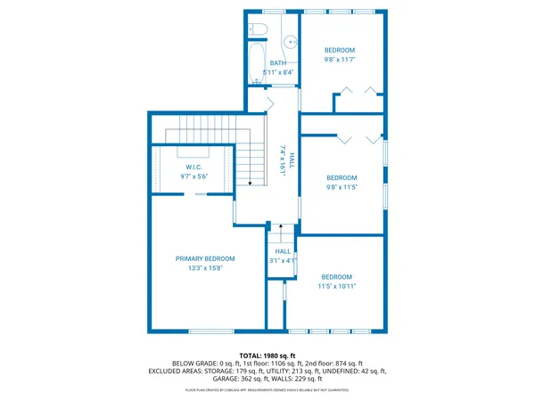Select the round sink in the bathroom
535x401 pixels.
pyautogui.click(x=289, y=43)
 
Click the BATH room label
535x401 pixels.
pyautogui.click(x=278, y=63)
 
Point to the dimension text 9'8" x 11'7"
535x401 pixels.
pyautogui.click(x=339, y=61)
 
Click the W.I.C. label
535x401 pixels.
pyautogui.click(x=194, y=167)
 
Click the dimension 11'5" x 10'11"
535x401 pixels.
pyautogui.click(x=337, y=287)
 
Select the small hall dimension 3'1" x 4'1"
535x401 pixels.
pyautogui.click(x=283, y=261)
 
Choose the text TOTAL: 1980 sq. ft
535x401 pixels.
pyautogui.click(x=267, y=355)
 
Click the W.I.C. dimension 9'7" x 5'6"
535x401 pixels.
pyautogui.click(x=194, y=176)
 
